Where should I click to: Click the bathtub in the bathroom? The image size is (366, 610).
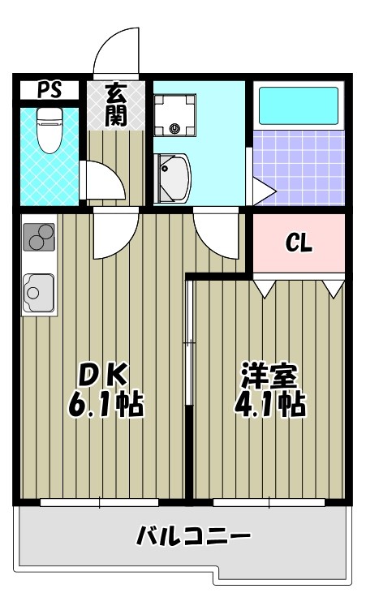pos(297,105)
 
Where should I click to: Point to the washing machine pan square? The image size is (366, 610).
pos(176,114)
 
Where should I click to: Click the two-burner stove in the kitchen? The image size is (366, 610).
pos(38,237)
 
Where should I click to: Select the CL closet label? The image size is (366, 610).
pos(298,243)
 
